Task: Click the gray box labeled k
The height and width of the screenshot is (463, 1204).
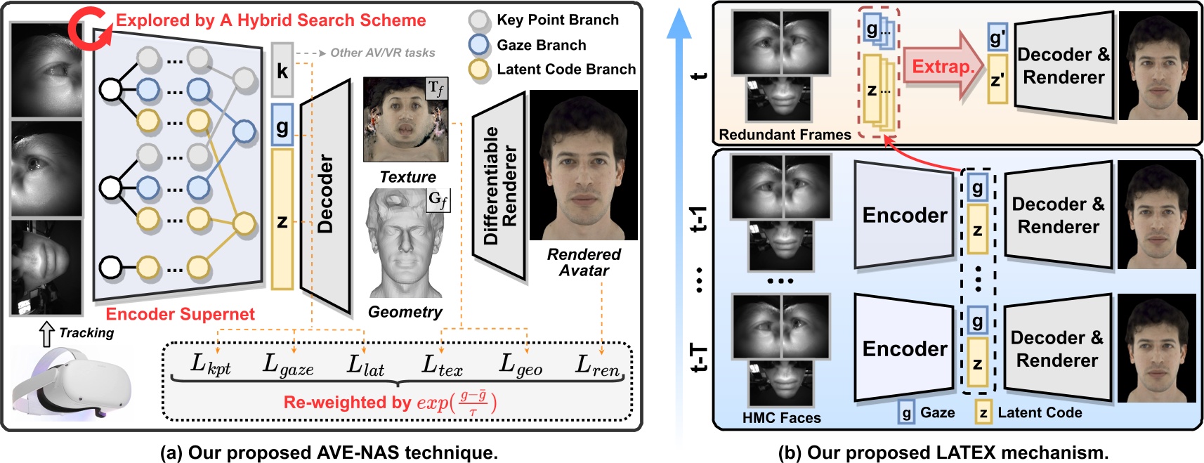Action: tap(282, 70)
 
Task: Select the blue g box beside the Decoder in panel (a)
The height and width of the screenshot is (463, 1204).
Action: tap(282, 126)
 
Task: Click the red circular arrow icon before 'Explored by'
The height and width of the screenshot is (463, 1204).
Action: tap(89, 29)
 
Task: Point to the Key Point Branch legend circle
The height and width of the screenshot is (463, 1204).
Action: tap(479, 20)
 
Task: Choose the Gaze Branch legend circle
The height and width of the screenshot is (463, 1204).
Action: tap(479, 45)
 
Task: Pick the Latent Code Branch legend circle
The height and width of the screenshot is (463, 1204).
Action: tap(479, 70)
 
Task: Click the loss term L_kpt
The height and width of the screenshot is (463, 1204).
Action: tap(211, 364)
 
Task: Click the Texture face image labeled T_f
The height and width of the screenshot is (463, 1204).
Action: tap(405, 120)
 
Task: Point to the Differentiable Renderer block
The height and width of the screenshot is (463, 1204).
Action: tap(500, 185)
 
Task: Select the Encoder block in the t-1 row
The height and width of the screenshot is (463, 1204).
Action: tap(903, 215)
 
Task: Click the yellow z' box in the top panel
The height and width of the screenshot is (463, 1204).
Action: tap(997, 80)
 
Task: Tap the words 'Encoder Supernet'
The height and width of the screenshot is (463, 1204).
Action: tap(180, 314)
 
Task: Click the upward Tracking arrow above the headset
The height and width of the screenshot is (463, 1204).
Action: tap(46, 334)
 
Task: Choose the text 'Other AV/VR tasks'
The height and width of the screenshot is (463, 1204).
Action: tap(382, 53)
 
